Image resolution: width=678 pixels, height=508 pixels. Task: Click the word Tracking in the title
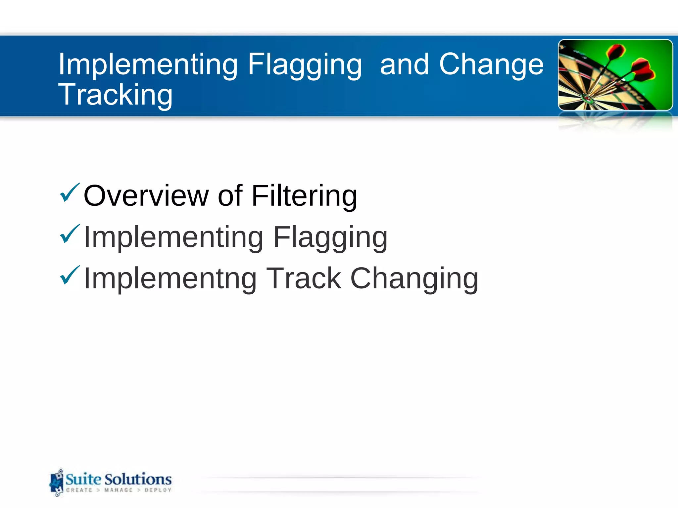coord(115,95)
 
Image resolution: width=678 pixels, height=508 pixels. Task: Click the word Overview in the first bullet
coord(146,196)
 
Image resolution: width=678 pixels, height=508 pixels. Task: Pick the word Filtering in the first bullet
coord(304,196)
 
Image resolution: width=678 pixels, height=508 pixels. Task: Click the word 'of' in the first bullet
coord(230,196)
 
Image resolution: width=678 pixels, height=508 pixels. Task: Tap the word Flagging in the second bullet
coord(330,237)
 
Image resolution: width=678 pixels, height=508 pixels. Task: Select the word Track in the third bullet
coord(304,278)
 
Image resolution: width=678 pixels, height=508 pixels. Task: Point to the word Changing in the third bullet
coord(414,278)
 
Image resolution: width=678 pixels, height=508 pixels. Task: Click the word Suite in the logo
coord(83,479)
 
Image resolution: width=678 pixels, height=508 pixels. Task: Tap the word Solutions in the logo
coord(138,479)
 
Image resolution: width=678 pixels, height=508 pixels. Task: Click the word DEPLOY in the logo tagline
coord(158,490)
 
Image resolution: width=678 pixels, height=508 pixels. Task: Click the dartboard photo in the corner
coord(615,75)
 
